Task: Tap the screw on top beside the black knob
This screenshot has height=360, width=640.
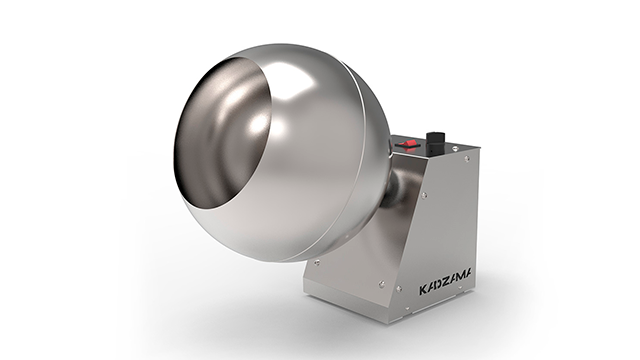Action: point(455,149)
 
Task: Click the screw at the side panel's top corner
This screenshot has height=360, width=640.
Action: point(464,160)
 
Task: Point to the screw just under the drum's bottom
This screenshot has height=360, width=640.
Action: point(318,263)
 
